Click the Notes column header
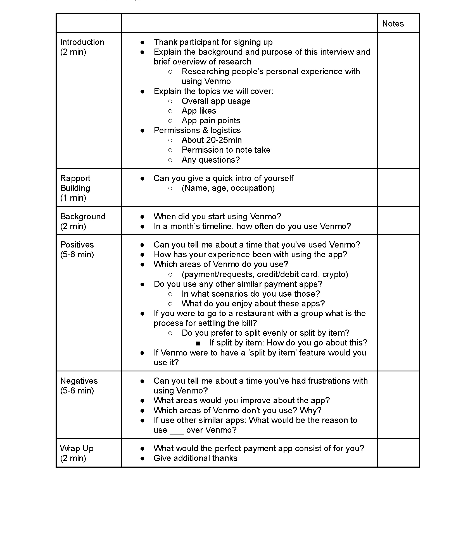[393, 24]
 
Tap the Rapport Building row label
[75, 188]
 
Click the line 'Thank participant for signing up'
[213, 42]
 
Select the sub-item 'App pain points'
[211, 121]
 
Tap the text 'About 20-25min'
[212, 140]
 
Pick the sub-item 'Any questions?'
[211, 160]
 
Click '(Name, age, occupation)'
[228, 188]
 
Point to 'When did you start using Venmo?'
[217, 217]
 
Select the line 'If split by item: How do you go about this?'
[288, 343]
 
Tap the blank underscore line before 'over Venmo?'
[177, 430]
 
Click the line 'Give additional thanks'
[195, 458]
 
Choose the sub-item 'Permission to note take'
[226, 150]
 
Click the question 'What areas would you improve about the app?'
[242, 400]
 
